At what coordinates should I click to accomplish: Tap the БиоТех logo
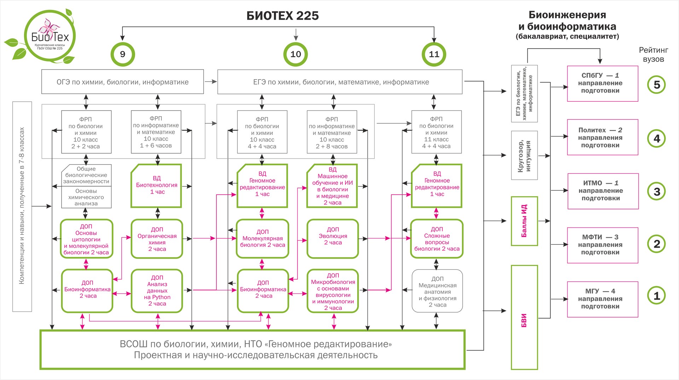coord(50,37)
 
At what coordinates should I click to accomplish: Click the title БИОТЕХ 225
coord(283,16)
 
